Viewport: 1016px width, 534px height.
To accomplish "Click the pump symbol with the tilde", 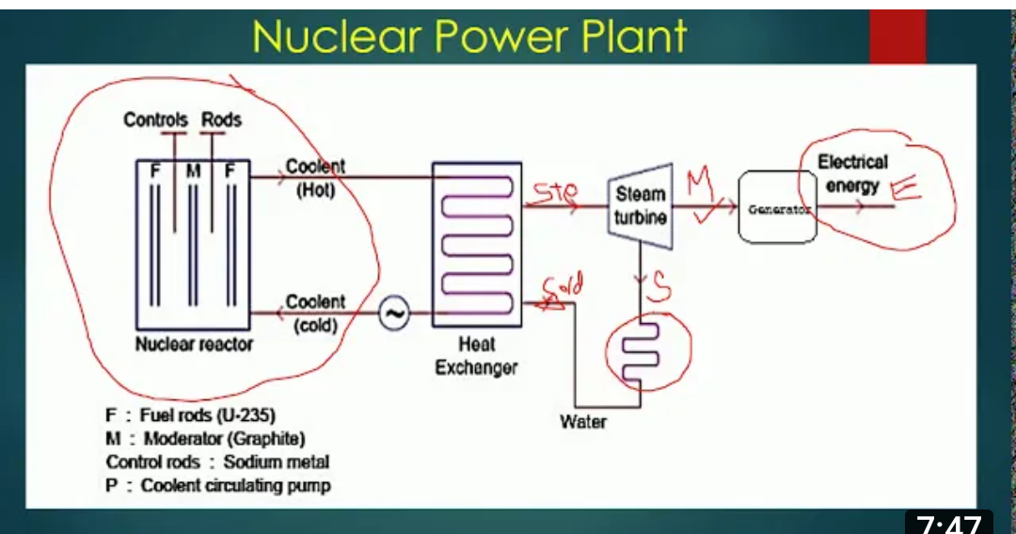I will tap(395, 315).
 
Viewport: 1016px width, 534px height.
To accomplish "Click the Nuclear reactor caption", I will tap(194, 345).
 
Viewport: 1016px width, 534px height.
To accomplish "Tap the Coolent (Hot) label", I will tap(315, 177).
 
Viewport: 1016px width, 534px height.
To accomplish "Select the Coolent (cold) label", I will tap(315, 313).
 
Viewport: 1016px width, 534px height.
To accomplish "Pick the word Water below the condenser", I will tap(583, 422).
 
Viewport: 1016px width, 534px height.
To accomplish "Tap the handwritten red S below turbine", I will tap(660, 289).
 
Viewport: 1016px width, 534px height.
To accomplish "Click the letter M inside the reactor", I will tap(193, 171).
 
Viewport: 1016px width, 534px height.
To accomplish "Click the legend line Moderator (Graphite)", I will tap(206, 439).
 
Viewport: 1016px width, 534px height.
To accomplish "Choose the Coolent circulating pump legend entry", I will tap(218, 486).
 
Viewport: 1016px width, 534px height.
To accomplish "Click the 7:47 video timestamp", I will tap(948, 523).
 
